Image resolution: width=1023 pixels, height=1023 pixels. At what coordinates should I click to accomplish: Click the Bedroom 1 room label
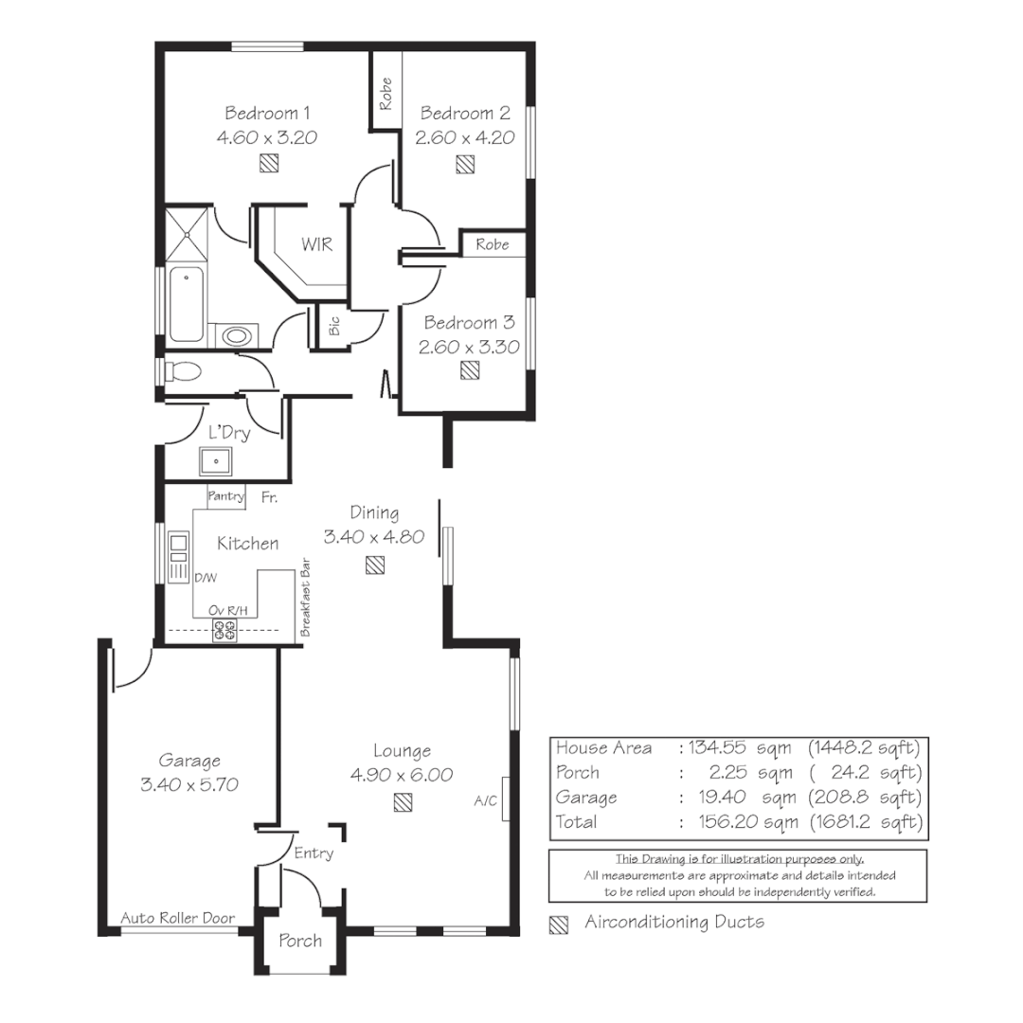click(x=266, y=113)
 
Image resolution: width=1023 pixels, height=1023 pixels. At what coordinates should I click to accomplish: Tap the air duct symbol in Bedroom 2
click(x=464, y=165)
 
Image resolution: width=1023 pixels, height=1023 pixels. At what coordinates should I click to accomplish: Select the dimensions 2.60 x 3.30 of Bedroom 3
click(x=469, y=347)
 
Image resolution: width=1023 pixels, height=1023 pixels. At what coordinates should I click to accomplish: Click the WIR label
click(x=316, y=244)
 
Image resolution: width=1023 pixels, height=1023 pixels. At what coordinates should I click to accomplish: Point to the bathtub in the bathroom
click(x=186, y=303)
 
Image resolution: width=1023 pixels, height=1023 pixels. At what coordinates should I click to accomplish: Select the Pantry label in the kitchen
click(x=226, y=496)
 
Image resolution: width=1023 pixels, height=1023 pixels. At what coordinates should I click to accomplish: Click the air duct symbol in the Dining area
click(x=375, y=565)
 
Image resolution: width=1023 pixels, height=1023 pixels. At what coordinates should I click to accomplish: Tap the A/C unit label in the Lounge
click(x=485, y=801)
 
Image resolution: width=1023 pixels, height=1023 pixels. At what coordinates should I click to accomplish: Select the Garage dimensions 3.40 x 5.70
click(x=189, y=784)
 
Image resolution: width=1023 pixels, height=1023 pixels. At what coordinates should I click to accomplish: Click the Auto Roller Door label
click(x=177, y=918)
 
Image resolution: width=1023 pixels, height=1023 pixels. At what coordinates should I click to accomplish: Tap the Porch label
click(x=300, y=941)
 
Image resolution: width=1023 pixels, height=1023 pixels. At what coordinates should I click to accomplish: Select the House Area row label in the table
click(x=603, y=748)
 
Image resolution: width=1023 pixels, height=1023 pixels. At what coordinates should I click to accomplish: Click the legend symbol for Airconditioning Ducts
click(x=559, y=924)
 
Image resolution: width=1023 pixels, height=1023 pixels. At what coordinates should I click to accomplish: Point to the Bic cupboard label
click(x=333, y=327)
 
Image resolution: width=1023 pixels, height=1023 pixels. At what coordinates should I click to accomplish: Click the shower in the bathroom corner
click(x=186, y=233)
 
